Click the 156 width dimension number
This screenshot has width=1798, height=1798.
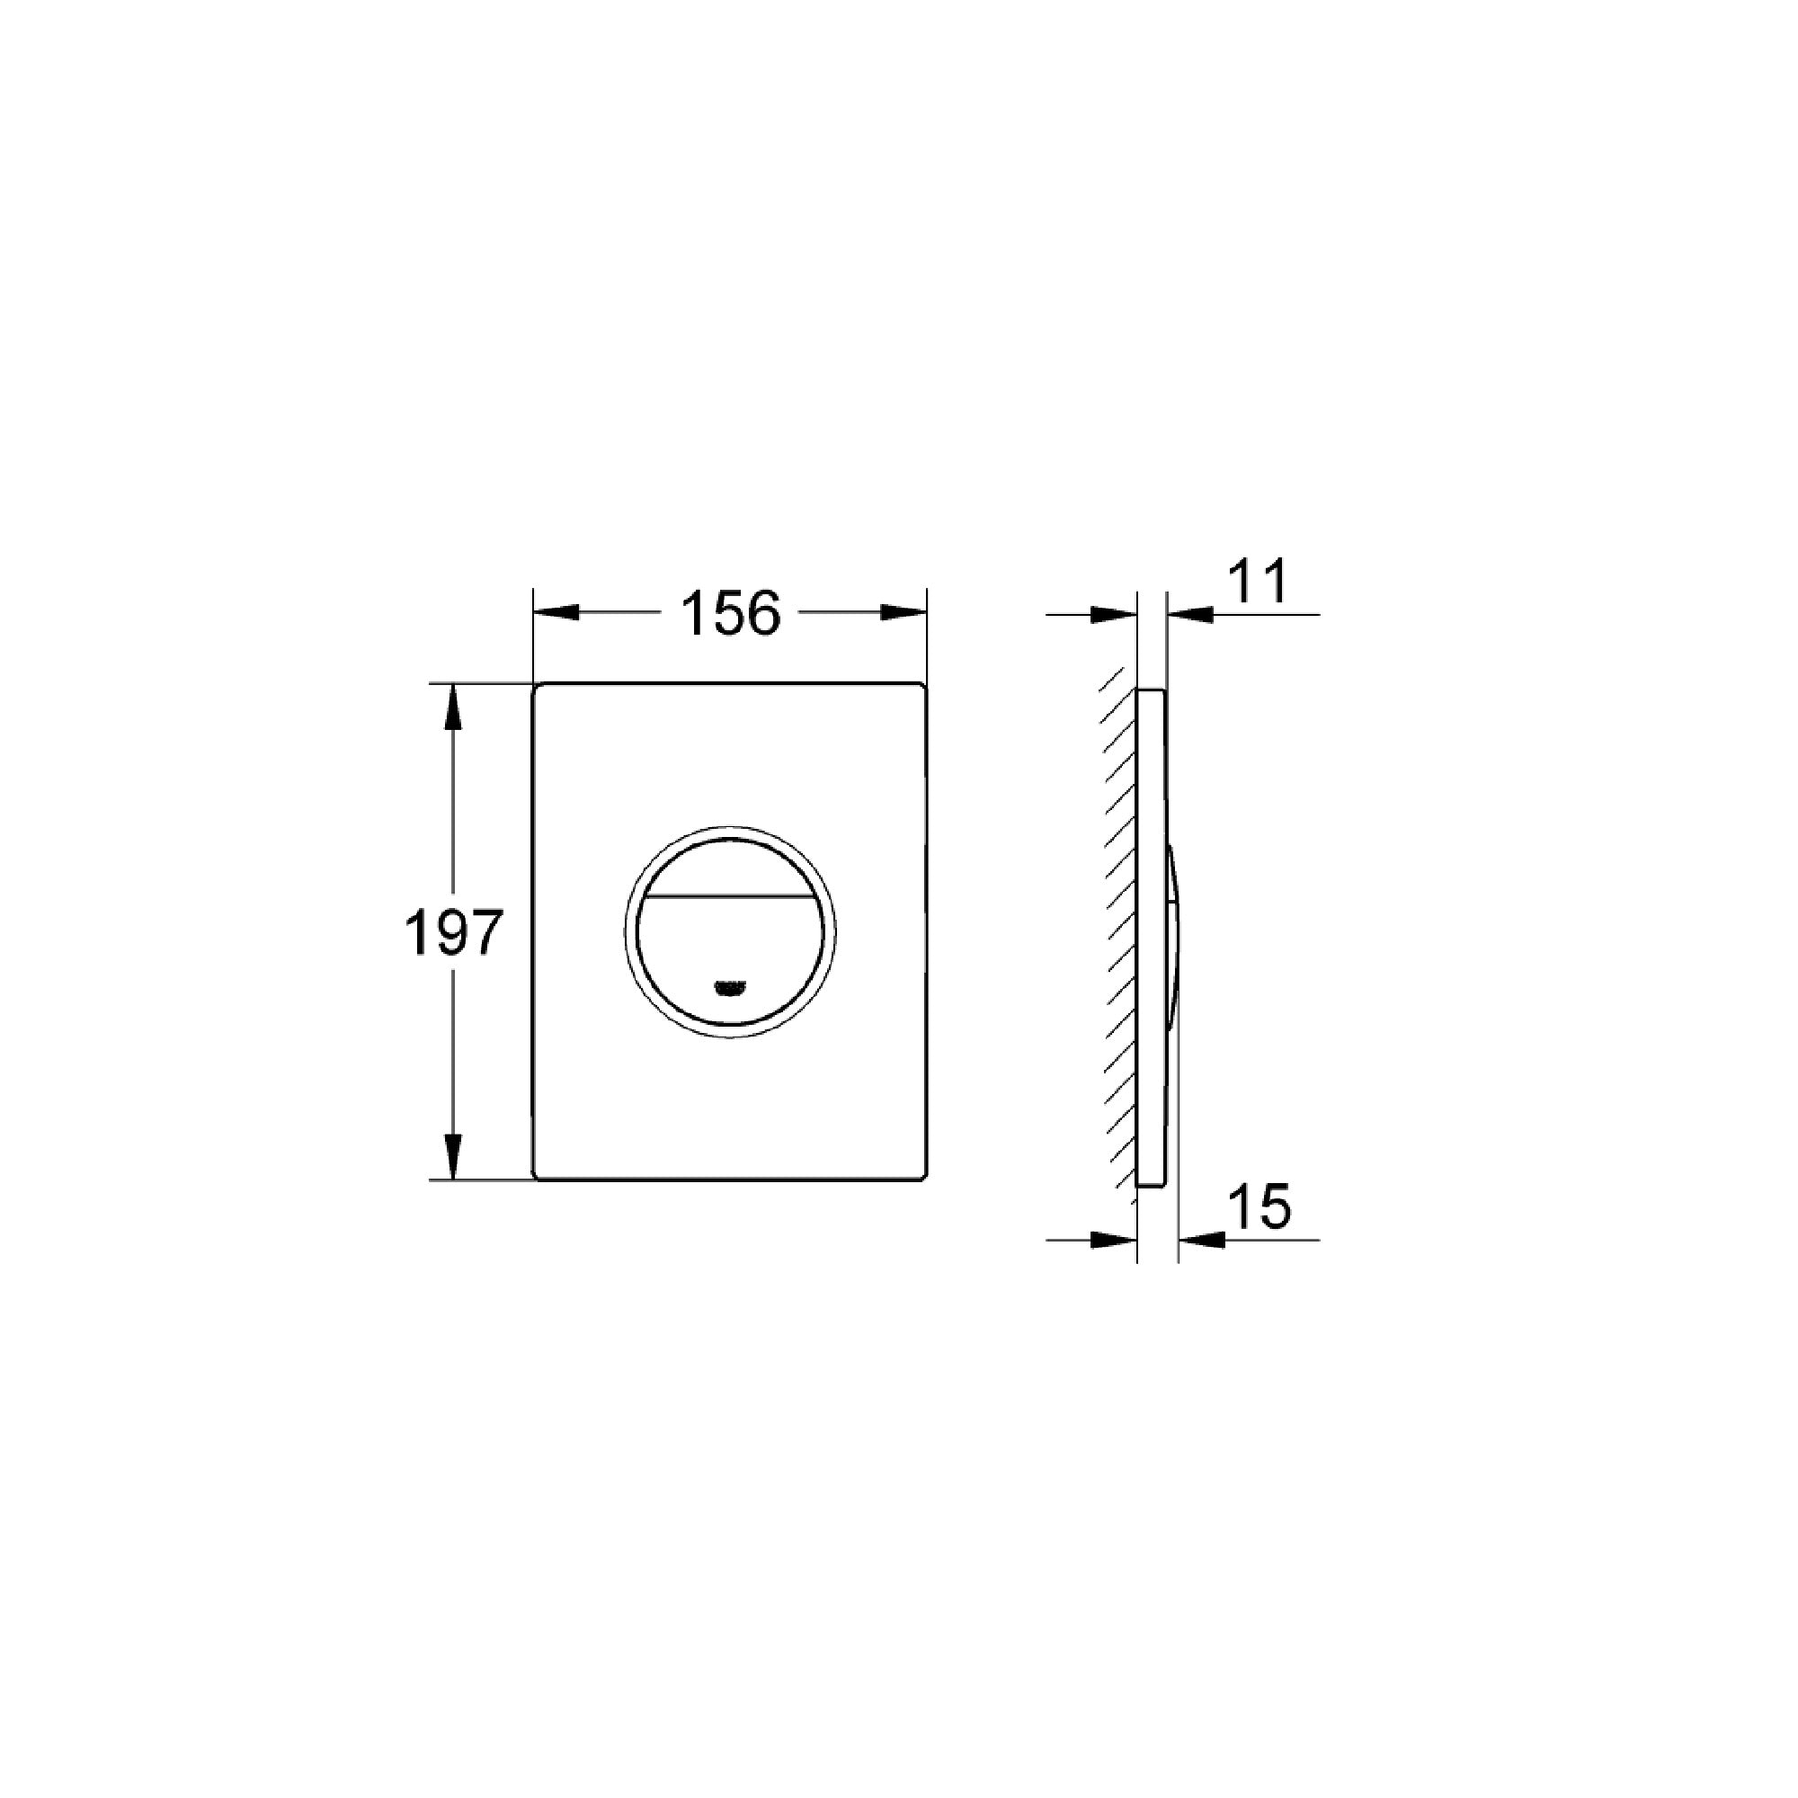point(731,614)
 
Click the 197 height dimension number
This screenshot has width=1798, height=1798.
point(453,933)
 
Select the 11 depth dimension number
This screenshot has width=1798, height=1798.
point(1259,582)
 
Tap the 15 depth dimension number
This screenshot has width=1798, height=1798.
point(1260,1206)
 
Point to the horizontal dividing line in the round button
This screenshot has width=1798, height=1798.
point(730,897)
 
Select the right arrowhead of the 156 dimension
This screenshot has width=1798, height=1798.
point(903,612)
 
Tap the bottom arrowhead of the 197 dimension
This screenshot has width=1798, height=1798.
point(452,1158)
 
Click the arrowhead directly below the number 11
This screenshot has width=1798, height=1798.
point(1190,614)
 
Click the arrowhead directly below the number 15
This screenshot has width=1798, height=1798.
point(1201,1240)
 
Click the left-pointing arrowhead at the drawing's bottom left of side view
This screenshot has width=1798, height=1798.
point(1112,1240)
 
